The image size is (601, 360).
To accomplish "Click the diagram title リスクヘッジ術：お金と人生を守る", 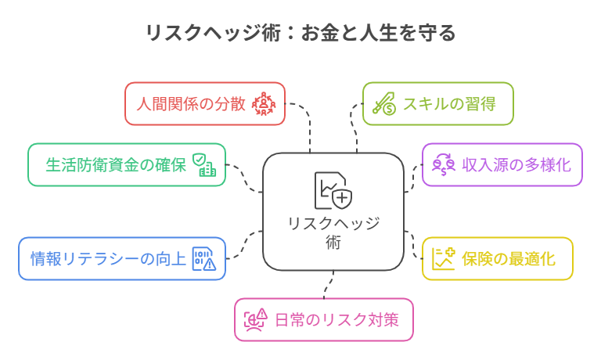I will pyautogui.click(x=300, y=34).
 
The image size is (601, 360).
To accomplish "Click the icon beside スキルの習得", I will pyautogui.click(x=383, y=103).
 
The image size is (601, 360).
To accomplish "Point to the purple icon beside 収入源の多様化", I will pyautogui.click(x=444, y=164).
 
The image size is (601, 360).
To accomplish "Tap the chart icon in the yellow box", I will pyautogui.click(x=444, y=258).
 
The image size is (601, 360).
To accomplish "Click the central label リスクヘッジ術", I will pyautogui.click(x=333, y=232).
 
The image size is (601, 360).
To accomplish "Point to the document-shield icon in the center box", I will pyautogui.click(x=332, y=190).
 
